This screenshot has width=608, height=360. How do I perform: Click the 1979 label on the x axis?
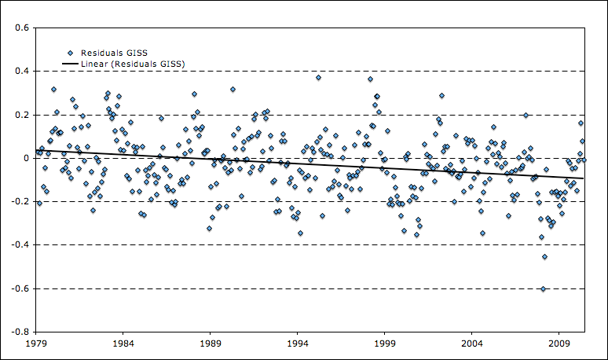pos(35,343)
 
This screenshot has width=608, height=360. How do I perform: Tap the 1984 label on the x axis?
pos(123,343)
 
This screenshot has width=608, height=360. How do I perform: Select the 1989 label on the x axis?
pos(210,343)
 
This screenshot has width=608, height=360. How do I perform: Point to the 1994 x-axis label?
pos(297,343)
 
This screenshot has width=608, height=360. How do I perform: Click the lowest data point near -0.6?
pos(543,288)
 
